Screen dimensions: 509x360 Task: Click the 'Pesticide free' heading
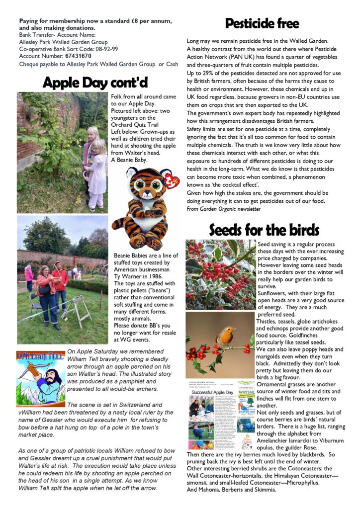click(262, 23)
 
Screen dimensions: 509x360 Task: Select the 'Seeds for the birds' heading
click(264, 230)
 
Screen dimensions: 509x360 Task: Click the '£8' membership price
click(133, 20)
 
